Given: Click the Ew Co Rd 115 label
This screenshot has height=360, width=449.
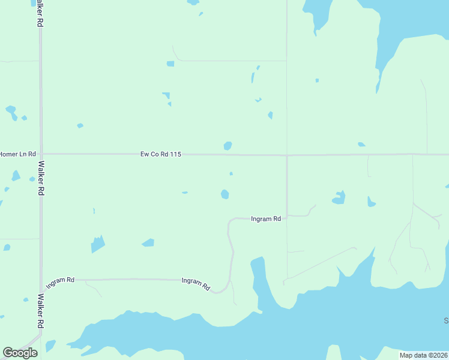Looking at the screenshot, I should tap(161, 154).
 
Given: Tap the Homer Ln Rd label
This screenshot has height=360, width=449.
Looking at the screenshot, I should tap(17, 154).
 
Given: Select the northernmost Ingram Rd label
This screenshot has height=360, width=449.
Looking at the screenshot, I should tap(265, 219).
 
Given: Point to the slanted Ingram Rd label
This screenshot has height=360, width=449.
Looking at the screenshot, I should tap(196, 284).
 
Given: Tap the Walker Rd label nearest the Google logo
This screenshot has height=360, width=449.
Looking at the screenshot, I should tap(40, 311).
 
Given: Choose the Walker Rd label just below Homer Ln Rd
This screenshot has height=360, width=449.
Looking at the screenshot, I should tap(41, 178).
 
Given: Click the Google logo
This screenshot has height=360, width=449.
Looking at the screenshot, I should tap(20, 353).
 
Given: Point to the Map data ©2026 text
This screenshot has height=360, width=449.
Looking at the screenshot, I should tap(423, 355).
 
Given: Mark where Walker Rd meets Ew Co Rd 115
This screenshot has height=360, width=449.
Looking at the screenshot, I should tap(41, 154).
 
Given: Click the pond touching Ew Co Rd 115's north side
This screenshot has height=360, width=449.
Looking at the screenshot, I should tap(228, 146).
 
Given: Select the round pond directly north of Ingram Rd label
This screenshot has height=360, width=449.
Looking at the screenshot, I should tap(224, 194).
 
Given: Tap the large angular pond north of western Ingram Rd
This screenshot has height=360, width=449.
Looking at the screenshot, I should tap(97, 244).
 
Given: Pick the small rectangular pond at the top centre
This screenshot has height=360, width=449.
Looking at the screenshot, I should tap(170, 64).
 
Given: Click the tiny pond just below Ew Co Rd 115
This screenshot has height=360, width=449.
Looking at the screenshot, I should tap(231, 174).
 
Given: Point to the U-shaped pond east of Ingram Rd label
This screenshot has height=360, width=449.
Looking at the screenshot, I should tap(339, 197).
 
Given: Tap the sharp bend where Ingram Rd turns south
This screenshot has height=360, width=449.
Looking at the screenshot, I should tap(229, 221).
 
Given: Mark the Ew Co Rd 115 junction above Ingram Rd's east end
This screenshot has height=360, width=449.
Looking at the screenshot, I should tap(287, 155).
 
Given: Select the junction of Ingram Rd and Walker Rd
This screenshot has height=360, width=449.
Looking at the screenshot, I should tap(41, 280).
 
